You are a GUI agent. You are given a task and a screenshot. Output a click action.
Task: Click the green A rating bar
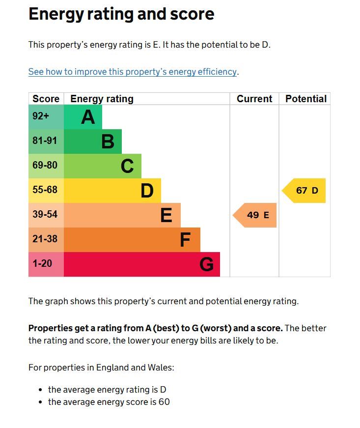pos(83,117)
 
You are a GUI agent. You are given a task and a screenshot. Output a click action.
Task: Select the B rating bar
pos(93,142)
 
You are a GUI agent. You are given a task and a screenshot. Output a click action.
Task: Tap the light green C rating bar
pos(103,166)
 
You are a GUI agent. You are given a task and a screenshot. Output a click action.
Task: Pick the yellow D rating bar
pos(112,191)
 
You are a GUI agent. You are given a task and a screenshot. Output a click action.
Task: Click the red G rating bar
pos(142,264)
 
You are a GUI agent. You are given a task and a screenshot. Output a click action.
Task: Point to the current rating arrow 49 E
pos(255,215)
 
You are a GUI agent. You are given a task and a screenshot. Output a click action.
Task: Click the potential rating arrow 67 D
pos(305,191)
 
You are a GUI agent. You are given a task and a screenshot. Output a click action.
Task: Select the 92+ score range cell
pos(46,117)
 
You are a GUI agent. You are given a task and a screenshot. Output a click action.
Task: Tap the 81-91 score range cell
pos(46,142)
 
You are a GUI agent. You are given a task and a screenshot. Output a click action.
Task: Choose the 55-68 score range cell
pos(46,191)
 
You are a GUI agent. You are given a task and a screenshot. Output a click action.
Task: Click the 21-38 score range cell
pos(46,240)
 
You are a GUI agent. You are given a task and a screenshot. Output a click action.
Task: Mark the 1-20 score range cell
pos(46,264)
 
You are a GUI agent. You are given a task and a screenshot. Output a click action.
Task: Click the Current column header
pos(254,99)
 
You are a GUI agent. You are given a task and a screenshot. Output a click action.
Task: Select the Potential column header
pos(305,99)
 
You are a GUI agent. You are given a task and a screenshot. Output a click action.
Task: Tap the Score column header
pos(46,99)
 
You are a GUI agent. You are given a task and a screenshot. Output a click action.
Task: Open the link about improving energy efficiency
pos(133,72)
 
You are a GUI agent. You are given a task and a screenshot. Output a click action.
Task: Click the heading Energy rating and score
pos(121,14)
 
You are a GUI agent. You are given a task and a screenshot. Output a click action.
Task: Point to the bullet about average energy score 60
pos(109,402)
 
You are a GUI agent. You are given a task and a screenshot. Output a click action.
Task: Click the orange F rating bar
pos(132,240)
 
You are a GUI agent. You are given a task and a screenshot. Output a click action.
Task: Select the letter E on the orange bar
pos(166,215)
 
